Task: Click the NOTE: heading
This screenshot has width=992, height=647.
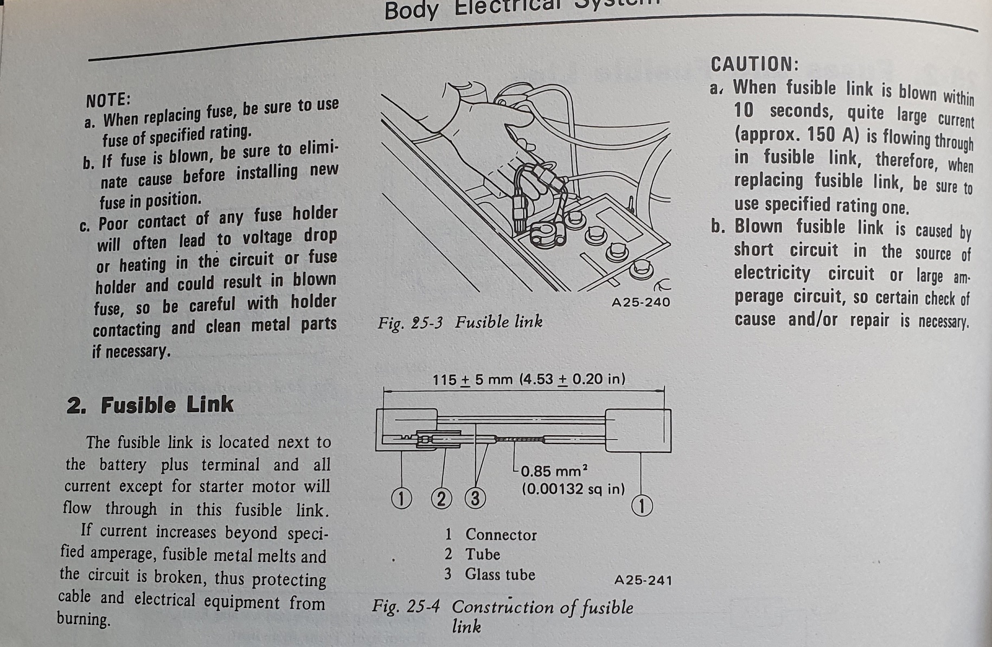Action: tap(108, 100)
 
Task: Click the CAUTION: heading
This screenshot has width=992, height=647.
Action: tap(754, 64)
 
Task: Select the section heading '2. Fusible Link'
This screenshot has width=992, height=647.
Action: tap(150, 405)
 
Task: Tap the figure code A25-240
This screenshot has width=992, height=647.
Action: tap(641, 302)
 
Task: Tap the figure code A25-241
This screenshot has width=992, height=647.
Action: tap(643, 580)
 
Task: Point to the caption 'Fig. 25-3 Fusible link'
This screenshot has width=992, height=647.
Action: tap(460, 323)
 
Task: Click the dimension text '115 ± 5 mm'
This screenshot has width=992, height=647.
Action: tap(472, 379)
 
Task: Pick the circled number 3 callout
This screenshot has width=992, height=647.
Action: tap(475, 498)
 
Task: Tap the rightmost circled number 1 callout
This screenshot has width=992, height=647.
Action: tap(642, 506)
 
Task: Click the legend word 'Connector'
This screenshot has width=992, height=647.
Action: tap(501, 535)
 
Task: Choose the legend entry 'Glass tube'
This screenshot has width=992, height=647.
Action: tap(500, 574)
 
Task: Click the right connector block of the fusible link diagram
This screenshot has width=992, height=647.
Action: tap(638, 431)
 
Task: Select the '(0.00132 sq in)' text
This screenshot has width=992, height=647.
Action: tap(573, 489)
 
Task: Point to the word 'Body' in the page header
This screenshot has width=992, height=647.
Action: tap(411, 11)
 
